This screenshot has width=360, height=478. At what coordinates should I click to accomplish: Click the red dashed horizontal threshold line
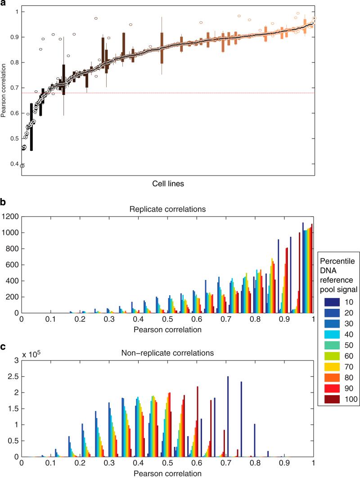180,93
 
